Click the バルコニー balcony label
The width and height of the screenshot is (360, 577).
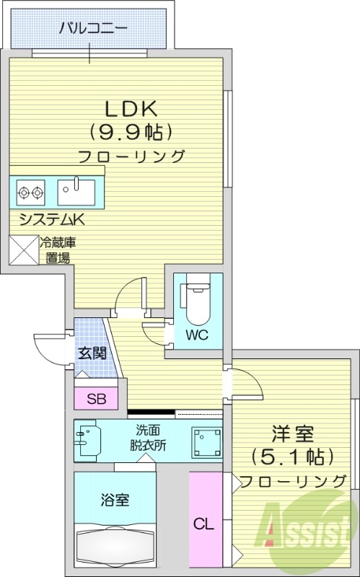92,30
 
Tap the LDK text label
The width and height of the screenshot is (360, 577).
131,109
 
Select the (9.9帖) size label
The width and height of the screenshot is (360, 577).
131,132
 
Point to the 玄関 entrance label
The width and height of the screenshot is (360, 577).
92,353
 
